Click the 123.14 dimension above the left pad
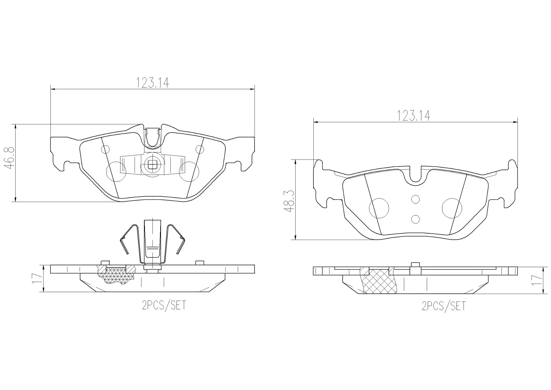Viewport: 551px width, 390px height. coord(152,83)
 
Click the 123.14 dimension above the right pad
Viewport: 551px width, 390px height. coord(413,116)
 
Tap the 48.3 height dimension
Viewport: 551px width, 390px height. coord(289,201)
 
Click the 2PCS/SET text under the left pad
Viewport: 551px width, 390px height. coord(164,305)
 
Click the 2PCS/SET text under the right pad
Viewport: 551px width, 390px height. coord(443,306)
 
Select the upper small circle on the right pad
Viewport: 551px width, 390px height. coord(415,199)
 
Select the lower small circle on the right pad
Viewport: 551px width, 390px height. coord(415,219)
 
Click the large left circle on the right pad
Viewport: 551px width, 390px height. coord(379,208)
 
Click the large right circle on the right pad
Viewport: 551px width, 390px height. coord(452,208)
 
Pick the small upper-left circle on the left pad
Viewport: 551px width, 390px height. coord(106,149)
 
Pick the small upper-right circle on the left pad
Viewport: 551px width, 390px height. coord(200,149)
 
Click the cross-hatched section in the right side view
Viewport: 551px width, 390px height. coord(379,282)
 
